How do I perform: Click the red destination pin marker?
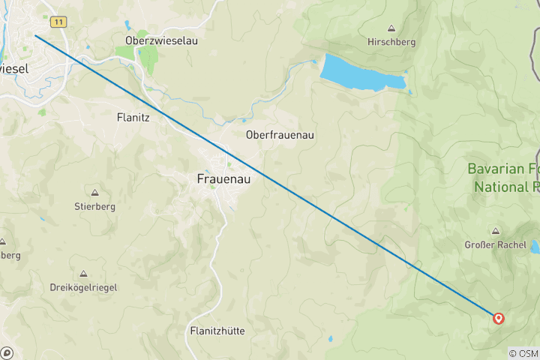click(x=498, y=318)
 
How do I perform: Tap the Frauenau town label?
click(x=223, y=179)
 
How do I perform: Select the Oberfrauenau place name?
click(x=280, y=135)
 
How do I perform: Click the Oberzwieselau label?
click(x=162, y=41)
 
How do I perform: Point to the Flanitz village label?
click(x=135, y=117)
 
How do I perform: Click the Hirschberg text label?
click(x=391, y=42)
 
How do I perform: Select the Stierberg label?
click(x=95, y=206)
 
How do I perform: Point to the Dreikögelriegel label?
click(x=84, y=287)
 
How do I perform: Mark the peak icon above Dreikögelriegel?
click(x=84, y=273)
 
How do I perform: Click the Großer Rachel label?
click(x=495, y=245)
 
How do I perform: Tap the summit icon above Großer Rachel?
click(x=495, y=231)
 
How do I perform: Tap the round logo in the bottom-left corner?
click(x=7, y=352)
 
